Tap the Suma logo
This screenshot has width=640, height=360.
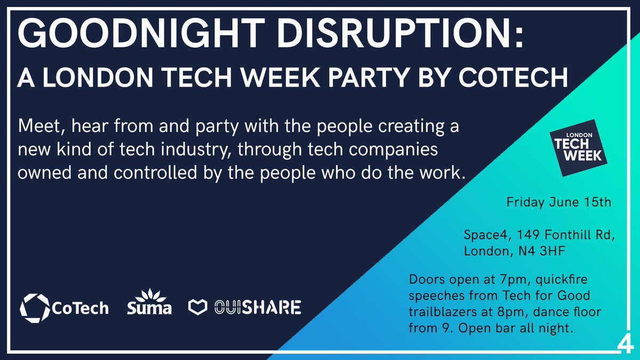pyautogui.click(x=149, y=303)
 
